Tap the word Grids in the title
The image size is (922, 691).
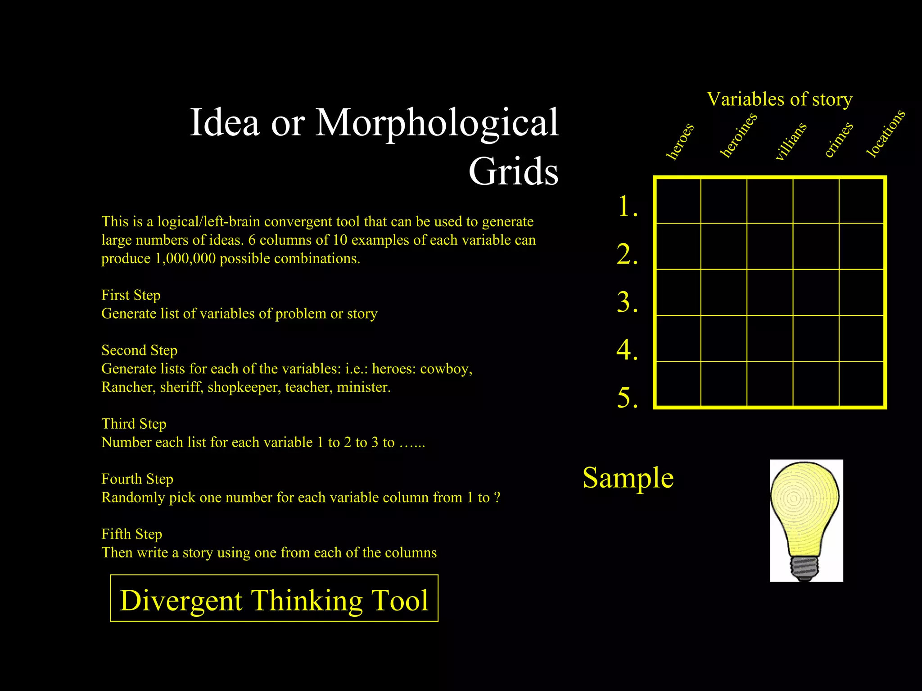(513, 172)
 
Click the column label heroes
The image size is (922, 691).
(680, 141)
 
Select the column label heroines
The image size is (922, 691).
(738, 135)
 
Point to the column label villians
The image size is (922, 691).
(791, 141)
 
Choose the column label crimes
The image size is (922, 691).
(839, 139)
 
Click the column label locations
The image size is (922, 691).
(886, 133)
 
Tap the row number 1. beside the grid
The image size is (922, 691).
(627, 206)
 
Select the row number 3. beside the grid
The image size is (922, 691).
(627, 302)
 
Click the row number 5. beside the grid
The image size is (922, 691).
(627, 398)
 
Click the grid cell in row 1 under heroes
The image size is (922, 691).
(678, 201)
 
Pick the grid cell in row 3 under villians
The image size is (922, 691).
(770, 292)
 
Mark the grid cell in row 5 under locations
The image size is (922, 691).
(862, 384)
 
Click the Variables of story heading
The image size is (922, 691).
(779, 99)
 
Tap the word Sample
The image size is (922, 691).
(628, 478)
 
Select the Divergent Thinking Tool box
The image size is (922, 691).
(274, 598)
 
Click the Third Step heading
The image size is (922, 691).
(134, 424)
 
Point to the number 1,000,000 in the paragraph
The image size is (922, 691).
(185, 259)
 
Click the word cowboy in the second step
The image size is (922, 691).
(446, 369)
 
